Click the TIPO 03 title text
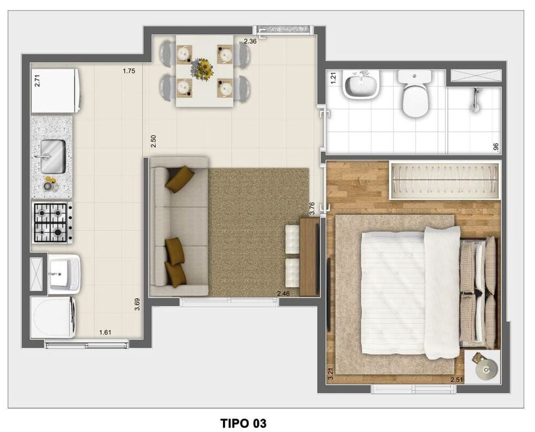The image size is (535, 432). tap(243, 423)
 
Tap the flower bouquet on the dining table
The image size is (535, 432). tap(202, 69)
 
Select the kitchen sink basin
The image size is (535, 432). tap(53, 156)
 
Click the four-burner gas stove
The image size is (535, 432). tap(52, 223)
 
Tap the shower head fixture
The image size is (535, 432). tap(474, 99)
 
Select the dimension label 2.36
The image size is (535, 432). tap(250, 41)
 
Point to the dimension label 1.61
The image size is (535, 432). tap(105, 332)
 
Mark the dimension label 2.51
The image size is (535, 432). tap(456, 380)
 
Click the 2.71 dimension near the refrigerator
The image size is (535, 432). tap(37, 80)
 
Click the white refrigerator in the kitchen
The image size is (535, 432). tap(55, 90)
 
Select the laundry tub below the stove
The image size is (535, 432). tap(64, 274)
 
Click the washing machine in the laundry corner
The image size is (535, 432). tap(53, 317)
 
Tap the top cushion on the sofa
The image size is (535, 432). tap(180, 179)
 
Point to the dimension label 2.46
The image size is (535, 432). tap(284, 293)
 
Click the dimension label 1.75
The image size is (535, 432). tap(129, 71)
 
